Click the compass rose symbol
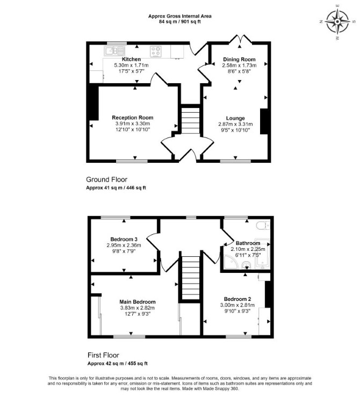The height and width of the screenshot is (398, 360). tap(337, 22)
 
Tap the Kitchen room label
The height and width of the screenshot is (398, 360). tap(131, 59)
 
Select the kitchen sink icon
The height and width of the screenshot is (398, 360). tap(114, 51)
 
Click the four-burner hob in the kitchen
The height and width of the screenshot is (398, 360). tap(156, 51)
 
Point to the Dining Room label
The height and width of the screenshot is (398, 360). tap(239, 60)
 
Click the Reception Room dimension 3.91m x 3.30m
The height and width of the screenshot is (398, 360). tap(133, 124)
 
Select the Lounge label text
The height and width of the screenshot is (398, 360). tap(235, 118)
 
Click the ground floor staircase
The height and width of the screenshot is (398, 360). tap(190, 120)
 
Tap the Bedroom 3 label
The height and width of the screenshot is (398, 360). tap(124, 239)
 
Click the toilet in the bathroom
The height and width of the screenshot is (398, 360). tap(263, 225)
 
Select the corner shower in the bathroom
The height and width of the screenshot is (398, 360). tap(231, 262)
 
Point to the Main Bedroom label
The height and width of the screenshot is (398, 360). tap(138, 302)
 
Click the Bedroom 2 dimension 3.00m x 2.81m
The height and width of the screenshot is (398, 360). tap(237, 305)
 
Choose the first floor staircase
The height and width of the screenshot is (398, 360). tap(191, 278)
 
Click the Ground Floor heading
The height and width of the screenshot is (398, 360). tap(106, 179)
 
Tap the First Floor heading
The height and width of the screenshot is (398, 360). tap(103, 355)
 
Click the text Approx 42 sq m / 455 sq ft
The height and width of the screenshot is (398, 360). tap(118, 363)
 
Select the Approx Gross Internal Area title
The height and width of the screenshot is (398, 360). tap(180, 16)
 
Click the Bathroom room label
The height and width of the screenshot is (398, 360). tap(248, 243)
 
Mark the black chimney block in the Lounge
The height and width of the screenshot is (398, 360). tap(264, 121)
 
